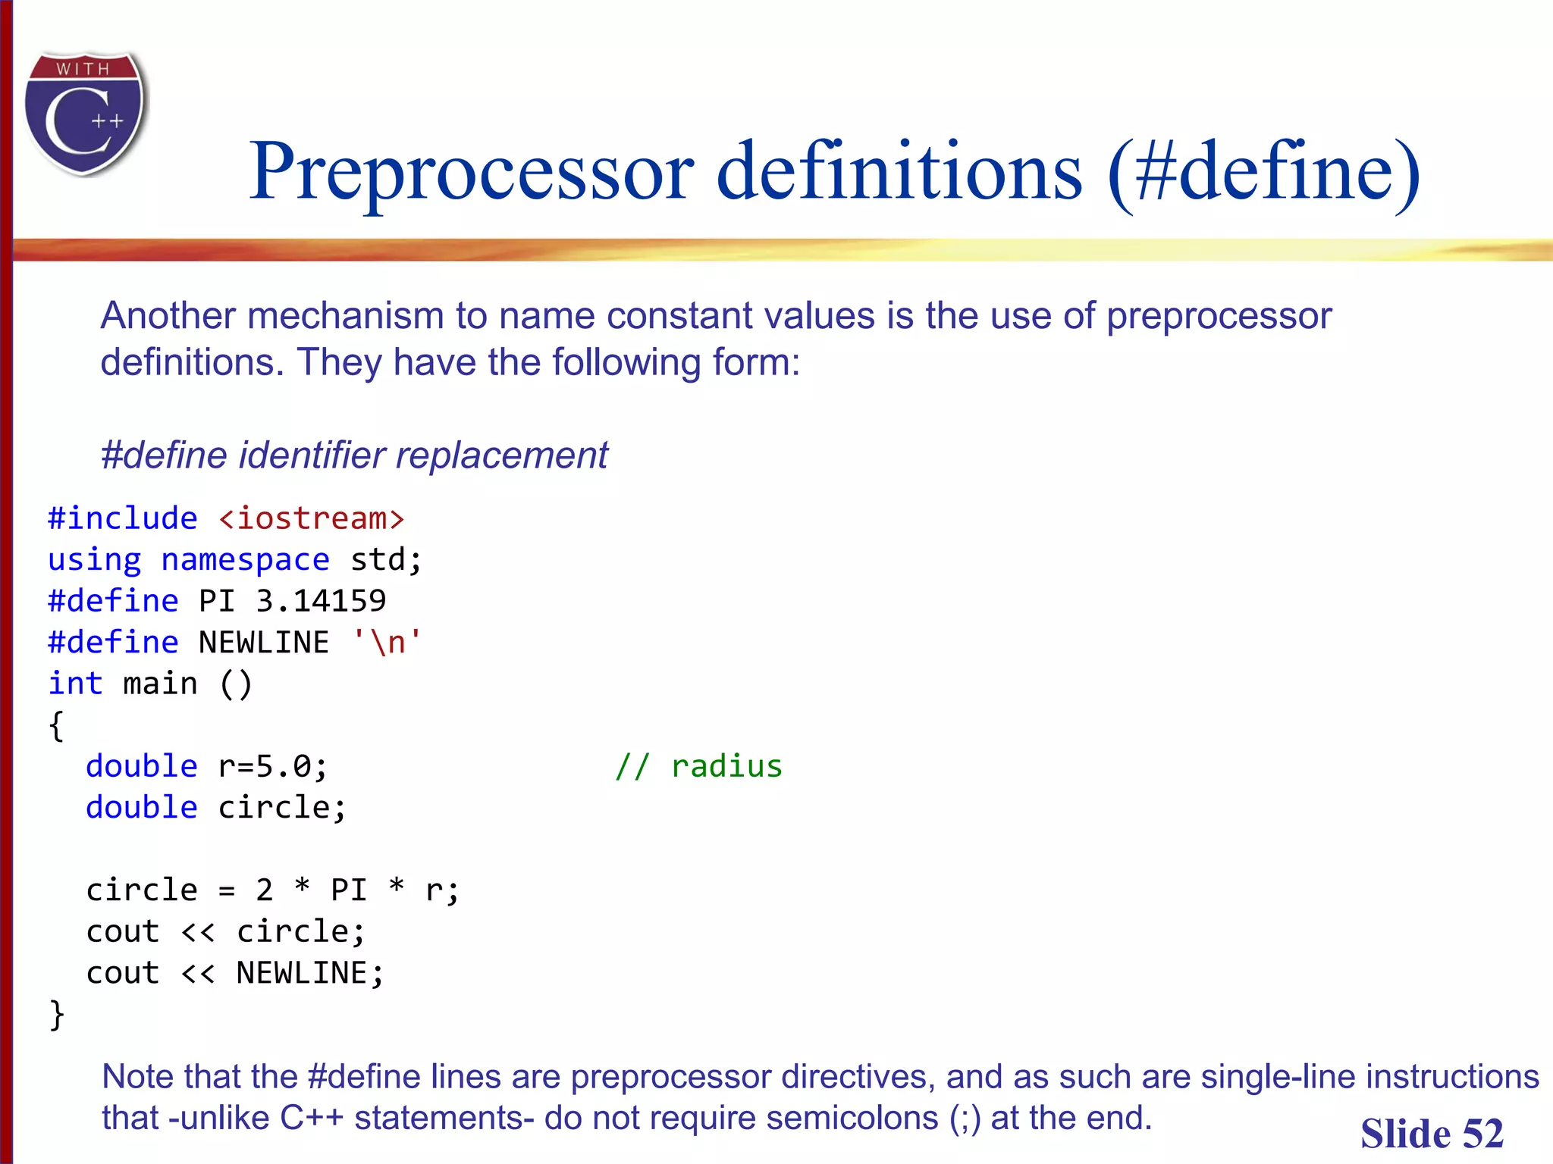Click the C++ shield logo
(x=85, y=114)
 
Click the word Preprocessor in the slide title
(x=470, y=172)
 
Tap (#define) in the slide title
(x=1263, y=172)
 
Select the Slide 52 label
(x=1431, y=1134)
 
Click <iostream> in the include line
(x=311, y=519)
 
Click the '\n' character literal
(x=387, y=643)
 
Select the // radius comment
(x=698, y=767)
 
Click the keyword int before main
(x=74, y=684)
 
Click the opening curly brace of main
(x=56, y=726)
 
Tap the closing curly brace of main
(x=56, y=1015)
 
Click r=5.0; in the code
(x=273, y=767)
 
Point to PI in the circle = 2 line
(x=349, y=890)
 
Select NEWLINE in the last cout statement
(x=302, y=973)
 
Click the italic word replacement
(x=501, y=455)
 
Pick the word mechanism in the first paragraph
(x=345, y=316)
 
